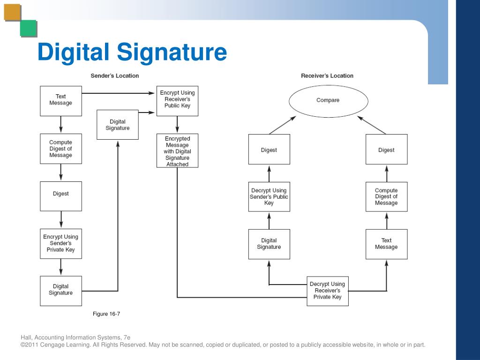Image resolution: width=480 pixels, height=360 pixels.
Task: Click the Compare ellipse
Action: (x=328, y=100)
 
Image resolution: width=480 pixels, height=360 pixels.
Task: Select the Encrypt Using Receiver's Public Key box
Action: (x=177, y=100)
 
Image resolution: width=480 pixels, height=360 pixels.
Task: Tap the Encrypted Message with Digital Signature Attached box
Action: (x=177, y=151)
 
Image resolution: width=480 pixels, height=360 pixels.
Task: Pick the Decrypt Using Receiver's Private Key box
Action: (x=328, y=291)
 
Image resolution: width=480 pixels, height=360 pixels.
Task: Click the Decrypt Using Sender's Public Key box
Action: (x=269, y=197)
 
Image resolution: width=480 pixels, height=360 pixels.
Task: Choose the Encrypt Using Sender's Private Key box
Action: (x=61, y=243)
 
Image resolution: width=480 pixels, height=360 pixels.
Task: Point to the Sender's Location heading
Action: (x=115, y=75)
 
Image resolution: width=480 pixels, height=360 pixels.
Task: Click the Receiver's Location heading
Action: (x=327, y=75)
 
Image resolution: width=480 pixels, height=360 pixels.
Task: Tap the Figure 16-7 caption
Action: (x=106, y=314)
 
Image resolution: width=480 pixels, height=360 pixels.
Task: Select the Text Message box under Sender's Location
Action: (x=61, y=100)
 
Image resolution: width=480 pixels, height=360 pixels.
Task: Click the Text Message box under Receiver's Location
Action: (x=386, y=244)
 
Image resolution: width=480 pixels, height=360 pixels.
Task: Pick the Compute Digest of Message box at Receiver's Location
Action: (x=386, y=197)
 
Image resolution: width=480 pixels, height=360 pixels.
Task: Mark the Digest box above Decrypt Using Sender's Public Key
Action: (x=269, y=150)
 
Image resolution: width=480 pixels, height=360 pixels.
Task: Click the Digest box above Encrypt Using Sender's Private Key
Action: (x=61, y=194)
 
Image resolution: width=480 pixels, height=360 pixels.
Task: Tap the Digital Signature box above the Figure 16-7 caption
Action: (x=61, y=290)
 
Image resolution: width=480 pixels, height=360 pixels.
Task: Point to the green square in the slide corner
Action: (x=28, y=29)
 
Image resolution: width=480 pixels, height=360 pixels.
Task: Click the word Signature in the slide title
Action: (x=172, y=52)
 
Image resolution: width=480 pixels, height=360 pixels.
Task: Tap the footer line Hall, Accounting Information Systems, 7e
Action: (x=75, y=337)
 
